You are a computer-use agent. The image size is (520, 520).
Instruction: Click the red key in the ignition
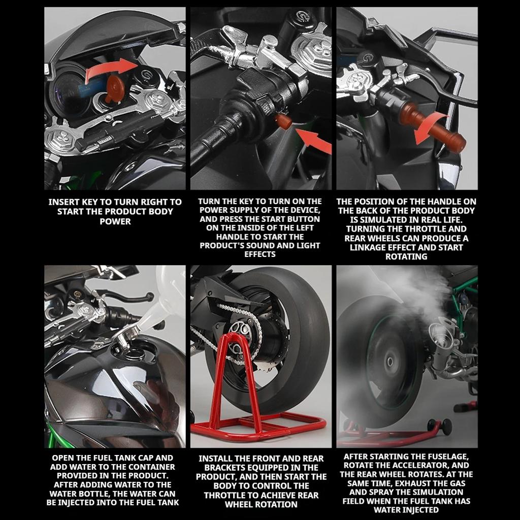pos(115,87)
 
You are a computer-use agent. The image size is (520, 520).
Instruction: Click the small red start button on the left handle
pos(283,121)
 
